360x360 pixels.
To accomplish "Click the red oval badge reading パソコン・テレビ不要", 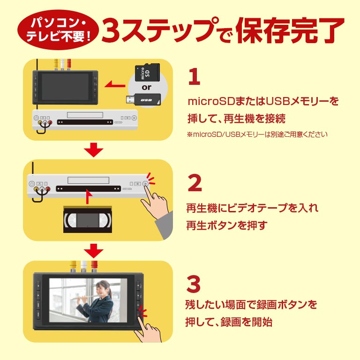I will click(55, 30).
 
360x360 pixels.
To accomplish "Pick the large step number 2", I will click(195, 183).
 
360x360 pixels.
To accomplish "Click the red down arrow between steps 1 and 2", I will click(95, 150).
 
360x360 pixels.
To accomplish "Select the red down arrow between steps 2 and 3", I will click(95, 251).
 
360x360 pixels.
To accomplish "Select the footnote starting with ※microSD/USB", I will click(257, 135).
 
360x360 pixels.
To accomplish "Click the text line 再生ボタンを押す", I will click(226, 225).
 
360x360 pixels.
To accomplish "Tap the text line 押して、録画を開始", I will click(229, 322).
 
